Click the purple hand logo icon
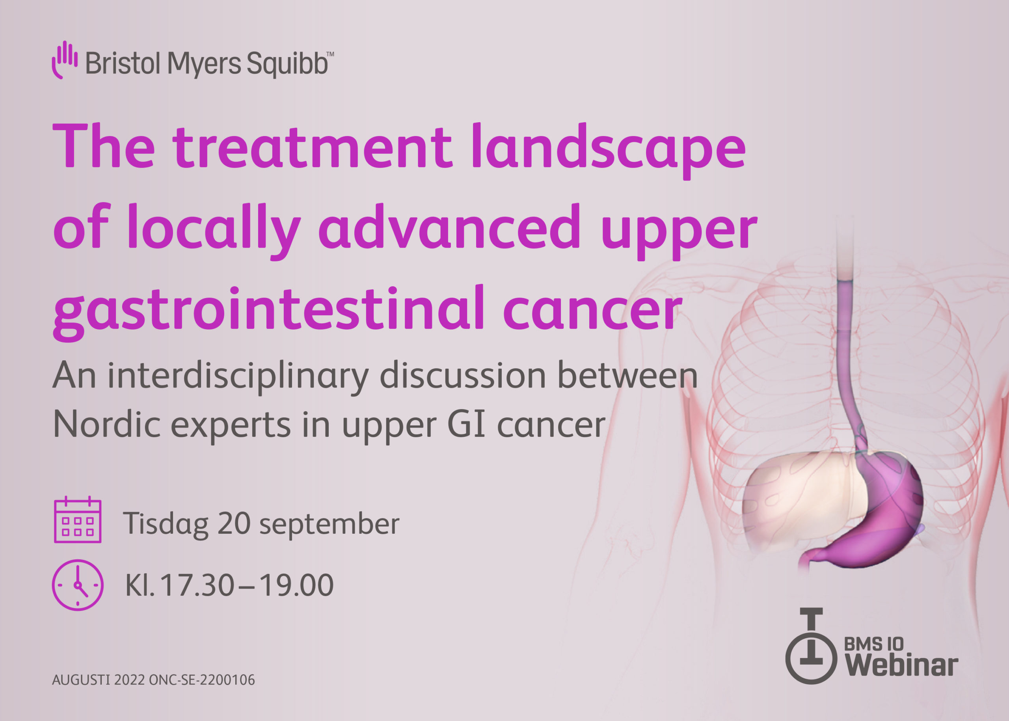pos(64,60)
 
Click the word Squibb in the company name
pos(287,63)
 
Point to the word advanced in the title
pos(449,229)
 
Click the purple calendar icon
pos(78,520)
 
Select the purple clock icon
pos(78,585)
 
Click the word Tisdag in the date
pos(166,524)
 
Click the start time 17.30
pos(197,585)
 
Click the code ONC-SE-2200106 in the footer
pos(202,680)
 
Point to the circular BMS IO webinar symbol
pos(812,657)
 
